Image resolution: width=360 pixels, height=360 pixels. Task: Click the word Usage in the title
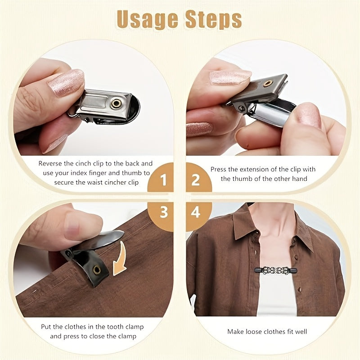pyautogui.click(x=147, y=20)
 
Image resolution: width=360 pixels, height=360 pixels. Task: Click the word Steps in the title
pyautogui.click(x=214, y=19)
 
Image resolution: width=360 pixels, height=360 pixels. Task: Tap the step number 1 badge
pyautogui.click(x=163, y=180)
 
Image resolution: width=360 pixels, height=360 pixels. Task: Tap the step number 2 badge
pyautogui.click(x=195, y=180)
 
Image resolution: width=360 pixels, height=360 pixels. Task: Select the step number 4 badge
pyautogui.click(x=195, y=212)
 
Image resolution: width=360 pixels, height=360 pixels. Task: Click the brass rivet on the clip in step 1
pyautogui.click(x=117, y=104)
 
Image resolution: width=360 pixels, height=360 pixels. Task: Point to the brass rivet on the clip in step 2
pyautogui.click(x=267, y=83)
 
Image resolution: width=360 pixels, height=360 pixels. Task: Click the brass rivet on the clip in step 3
pyautogui.click(x=96, y=270)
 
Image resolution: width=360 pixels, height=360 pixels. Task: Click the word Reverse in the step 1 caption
pyautogui.click(x=50, y=163)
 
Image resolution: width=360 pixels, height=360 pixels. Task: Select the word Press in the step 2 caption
pyautogui.click(x=218, y=170)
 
